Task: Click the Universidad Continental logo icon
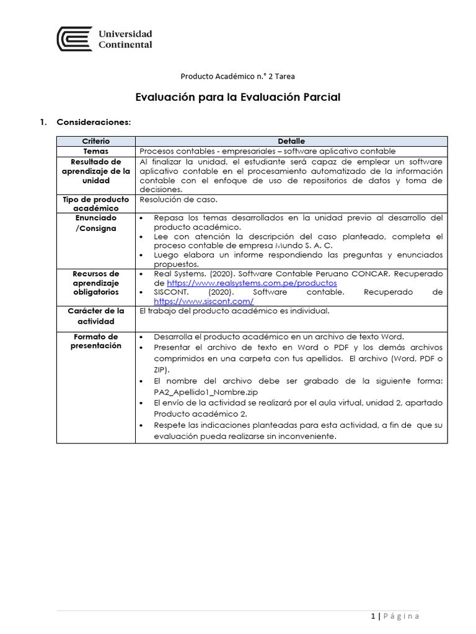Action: pyautogui.click(x=74, y=39)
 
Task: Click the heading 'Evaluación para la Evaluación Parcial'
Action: pyautogui.click(x=238, y=97)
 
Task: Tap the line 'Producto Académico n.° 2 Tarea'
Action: pyautogui.click(x=237, y=76)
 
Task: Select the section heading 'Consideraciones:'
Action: pyautogui.click(x=94, y=122)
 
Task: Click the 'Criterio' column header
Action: pyautogui.click(x=96, y=142)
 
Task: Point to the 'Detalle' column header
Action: pyautogui.click(x=291, y=142)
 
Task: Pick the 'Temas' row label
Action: pyautogui.click(x=96, y=151)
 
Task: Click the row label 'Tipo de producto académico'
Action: pyautogui.click(x=96, y=204)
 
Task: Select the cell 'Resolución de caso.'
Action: pyautogui.click(x=178, y=199)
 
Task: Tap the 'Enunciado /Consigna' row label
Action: pyautogui.click(x=96, y=223)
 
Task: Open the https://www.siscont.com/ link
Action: pyautogui.click(x=204, y=301)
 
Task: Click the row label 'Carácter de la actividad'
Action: pyautogui.click(x=96, y=316)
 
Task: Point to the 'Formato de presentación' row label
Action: pyautogui.click(x=96, y=341)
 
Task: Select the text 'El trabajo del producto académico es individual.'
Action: pyautogui.click(x=234, y=311)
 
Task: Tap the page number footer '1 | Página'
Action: pyautogui.click(x=395, y=616)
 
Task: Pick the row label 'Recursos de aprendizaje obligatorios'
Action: pyautogui.click(x=96, y=282)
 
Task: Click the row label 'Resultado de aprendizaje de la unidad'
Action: pyautogui.click(x=96, y=171)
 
